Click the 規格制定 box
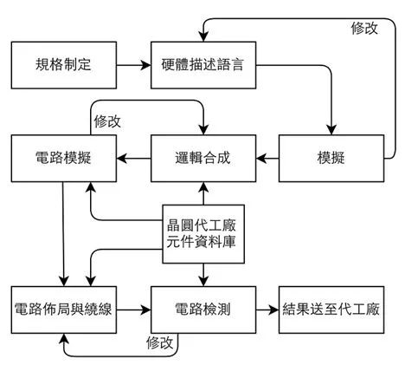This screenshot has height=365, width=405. pos(62,64)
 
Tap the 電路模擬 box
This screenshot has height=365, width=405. pos(64,158)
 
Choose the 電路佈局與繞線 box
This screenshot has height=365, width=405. pos(62,308)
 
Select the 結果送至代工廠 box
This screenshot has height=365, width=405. pos(331,308)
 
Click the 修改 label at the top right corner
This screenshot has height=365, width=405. pos(363,28)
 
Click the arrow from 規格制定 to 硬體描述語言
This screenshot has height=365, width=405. pos(132,64)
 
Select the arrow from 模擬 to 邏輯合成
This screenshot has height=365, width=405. pos(266,158)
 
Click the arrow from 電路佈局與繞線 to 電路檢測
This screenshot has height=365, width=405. pos(132,308)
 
